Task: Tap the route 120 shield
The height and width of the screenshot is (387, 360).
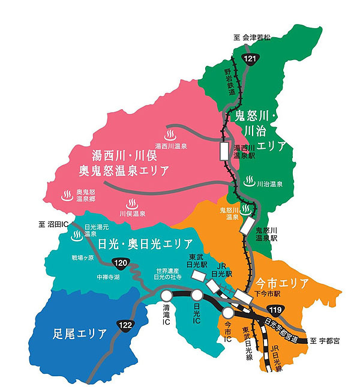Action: pos(121,262)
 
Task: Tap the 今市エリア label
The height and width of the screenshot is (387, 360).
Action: pos(281,283)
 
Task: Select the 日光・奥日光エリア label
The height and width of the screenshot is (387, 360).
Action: pos(145,244)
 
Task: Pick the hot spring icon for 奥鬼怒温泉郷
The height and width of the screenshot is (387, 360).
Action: pos(68,195)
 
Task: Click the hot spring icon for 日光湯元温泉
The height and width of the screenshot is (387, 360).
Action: pos(77,236)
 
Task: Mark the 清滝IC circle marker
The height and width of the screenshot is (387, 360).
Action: pos(167,295)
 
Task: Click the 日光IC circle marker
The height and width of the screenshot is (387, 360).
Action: pos(197,295)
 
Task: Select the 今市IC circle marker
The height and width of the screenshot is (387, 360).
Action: pos(228,312)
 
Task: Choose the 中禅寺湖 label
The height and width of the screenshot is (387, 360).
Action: pos(108,278)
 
